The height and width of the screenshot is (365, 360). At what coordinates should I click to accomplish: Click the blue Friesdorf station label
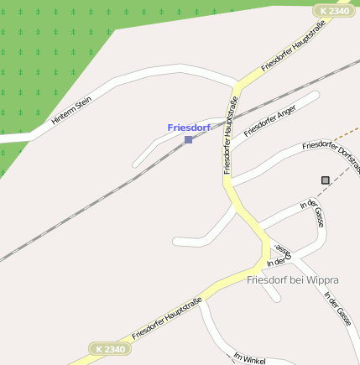click(x=188, y=128)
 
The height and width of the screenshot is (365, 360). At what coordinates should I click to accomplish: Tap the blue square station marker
click(x=188, y=139)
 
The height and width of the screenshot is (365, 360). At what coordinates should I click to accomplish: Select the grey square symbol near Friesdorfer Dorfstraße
click(x=326, y=180)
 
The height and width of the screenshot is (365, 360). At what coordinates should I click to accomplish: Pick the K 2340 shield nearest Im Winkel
click(x=111, y=348)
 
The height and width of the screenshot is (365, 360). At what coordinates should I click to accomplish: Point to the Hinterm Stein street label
click(x=71, y=110)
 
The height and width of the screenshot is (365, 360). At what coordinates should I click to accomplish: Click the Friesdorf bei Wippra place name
click(x=293, y=279)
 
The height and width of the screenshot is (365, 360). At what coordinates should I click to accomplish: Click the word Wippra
click(x=323, y=279)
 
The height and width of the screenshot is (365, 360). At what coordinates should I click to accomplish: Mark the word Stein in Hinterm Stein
click(x=82, y=103)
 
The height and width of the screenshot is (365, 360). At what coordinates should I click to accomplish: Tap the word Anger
click(x=283, y=115)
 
